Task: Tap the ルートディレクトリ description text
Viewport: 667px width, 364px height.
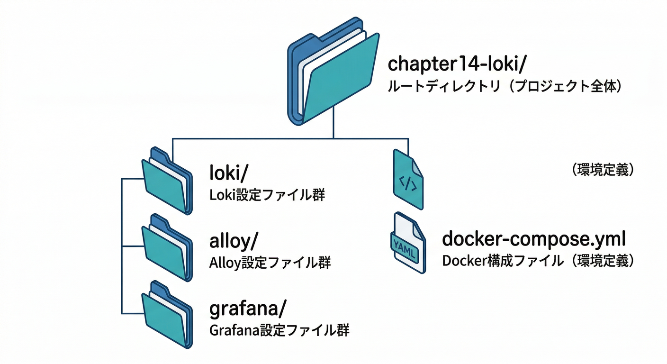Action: pos(505,87)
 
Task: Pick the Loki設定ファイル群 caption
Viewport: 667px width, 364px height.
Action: pos(267,195)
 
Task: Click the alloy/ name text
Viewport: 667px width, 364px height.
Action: pos(234,241)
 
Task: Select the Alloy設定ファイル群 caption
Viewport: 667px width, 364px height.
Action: pos(270,262)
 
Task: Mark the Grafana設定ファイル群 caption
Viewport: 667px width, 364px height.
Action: pos(279,330)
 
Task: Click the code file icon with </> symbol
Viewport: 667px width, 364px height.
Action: pos(408,180)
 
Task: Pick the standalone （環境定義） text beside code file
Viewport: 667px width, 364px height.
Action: pos(603,170)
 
